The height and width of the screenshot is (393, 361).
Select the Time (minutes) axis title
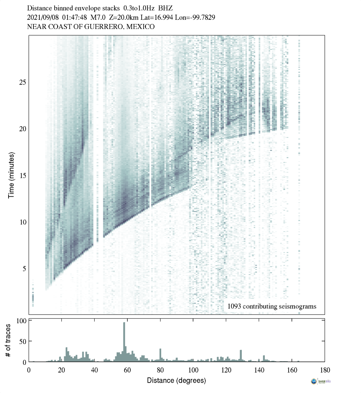[x=12, y=174]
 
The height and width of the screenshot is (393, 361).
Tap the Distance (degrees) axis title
[x=176, y=380]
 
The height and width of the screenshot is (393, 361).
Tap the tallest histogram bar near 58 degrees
[x=124, y=341]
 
